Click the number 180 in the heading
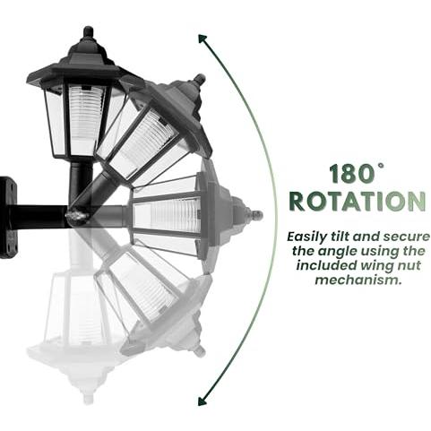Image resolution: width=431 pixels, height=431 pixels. point(350,174)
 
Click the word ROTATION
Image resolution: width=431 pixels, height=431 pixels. point(358,202)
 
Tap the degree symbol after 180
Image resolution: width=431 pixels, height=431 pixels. point(380,165)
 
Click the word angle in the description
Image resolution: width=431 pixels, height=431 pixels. point(337,252)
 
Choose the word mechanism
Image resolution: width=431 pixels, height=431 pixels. point(358,280)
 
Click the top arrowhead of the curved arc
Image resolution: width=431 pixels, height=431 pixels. point(203,39)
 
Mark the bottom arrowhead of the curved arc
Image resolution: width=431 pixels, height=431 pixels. point(203,401)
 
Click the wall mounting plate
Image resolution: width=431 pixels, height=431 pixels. point(8,219)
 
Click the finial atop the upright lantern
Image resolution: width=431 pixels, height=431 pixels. point(88,32)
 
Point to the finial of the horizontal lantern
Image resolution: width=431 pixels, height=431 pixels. point(256,215)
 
